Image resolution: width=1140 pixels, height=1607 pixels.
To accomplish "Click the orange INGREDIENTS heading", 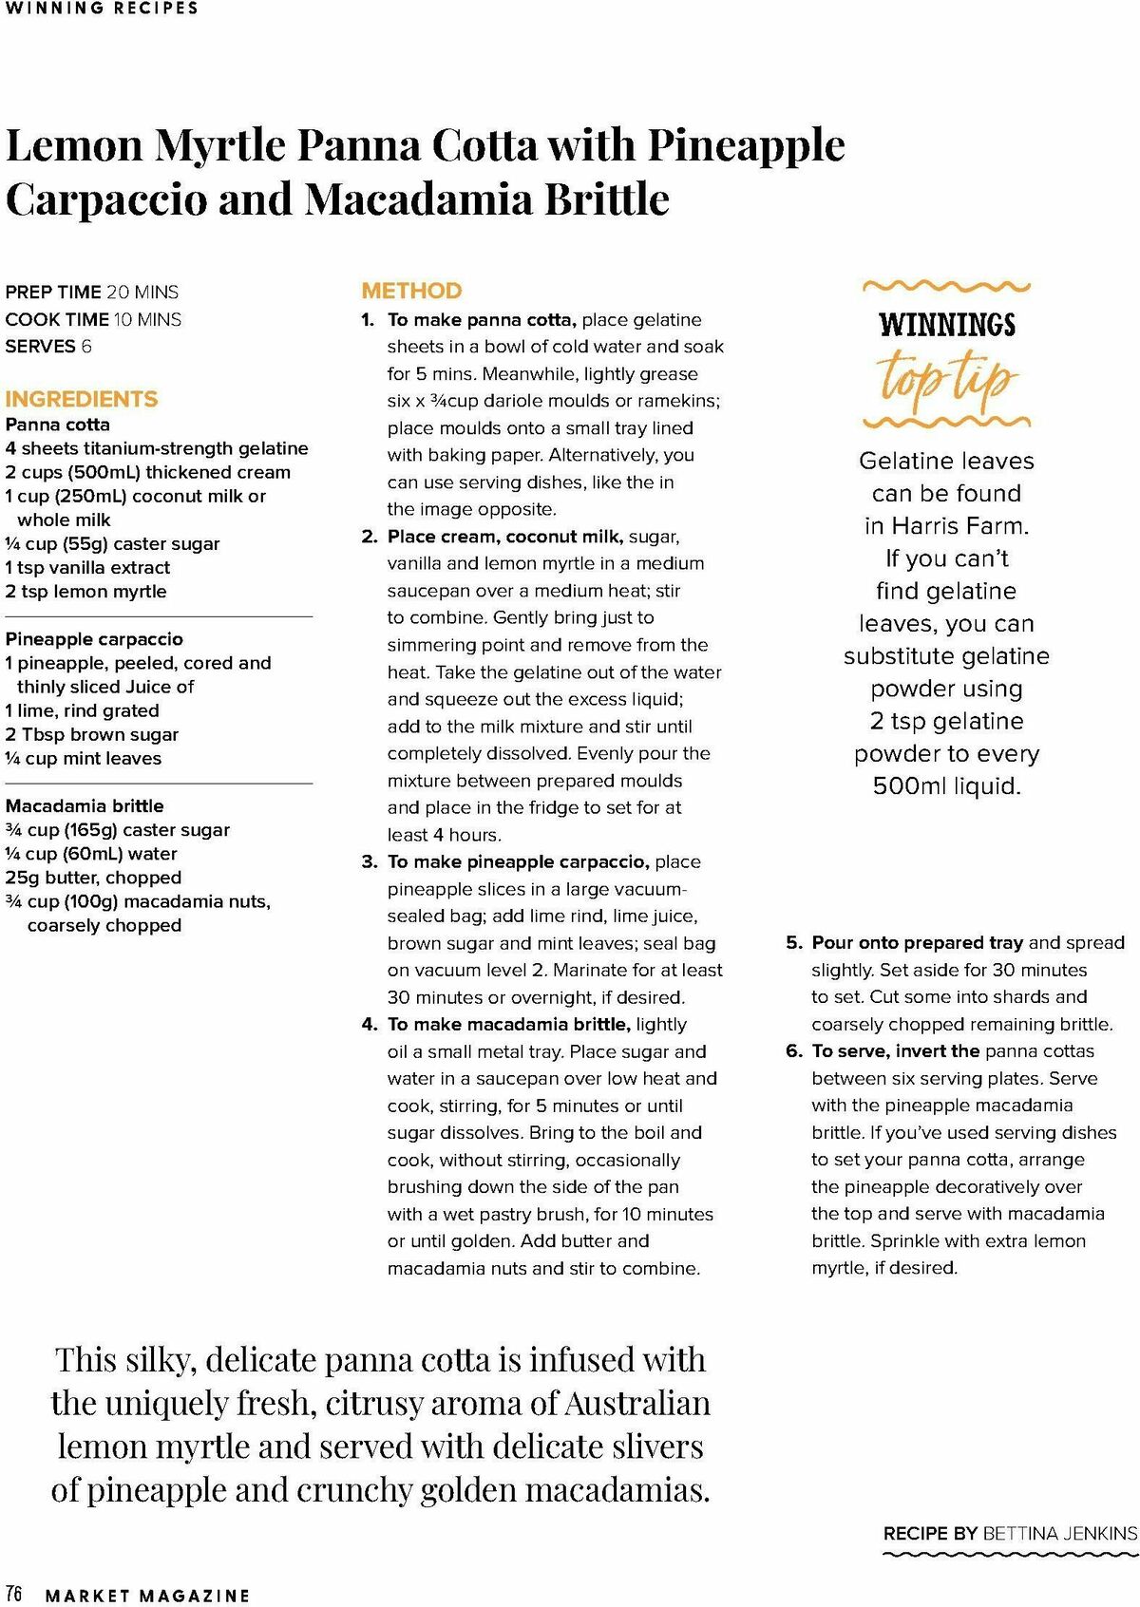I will (x=82, y=399).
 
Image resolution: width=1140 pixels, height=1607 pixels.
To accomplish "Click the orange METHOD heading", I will (x=411, y=291).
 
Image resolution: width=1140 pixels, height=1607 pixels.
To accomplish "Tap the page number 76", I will (x=14, y=1593).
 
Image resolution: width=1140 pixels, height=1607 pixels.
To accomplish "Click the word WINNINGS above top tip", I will (x=947, y=325).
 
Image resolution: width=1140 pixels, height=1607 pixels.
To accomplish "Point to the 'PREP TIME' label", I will (x=53, y=293).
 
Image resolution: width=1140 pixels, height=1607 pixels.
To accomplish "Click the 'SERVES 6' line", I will (x=48, y=347).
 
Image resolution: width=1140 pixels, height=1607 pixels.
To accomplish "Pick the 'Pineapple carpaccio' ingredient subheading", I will (x=94, y=639).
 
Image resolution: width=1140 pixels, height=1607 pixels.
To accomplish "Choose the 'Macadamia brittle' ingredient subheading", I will (x=85, y=806).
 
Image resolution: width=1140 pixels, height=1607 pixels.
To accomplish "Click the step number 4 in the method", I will (x=370, y=1025).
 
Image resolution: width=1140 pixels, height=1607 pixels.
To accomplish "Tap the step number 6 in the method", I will (x=794, y=1051).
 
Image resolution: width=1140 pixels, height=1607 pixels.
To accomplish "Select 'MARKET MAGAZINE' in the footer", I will (x=147, y=1596).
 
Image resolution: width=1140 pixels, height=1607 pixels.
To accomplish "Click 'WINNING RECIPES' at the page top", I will (x=102, y=9).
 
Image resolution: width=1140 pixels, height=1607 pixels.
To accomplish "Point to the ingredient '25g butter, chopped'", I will (x=93, y=878).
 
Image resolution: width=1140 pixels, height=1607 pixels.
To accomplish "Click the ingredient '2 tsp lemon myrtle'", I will (x=85, y=592).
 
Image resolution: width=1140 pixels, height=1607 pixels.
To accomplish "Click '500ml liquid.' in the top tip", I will (x=946, y=786).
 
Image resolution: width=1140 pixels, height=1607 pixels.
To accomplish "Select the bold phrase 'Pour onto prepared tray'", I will (x=917, y=943).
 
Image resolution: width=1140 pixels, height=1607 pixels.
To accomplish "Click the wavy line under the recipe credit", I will (x=1010, y=1556).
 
